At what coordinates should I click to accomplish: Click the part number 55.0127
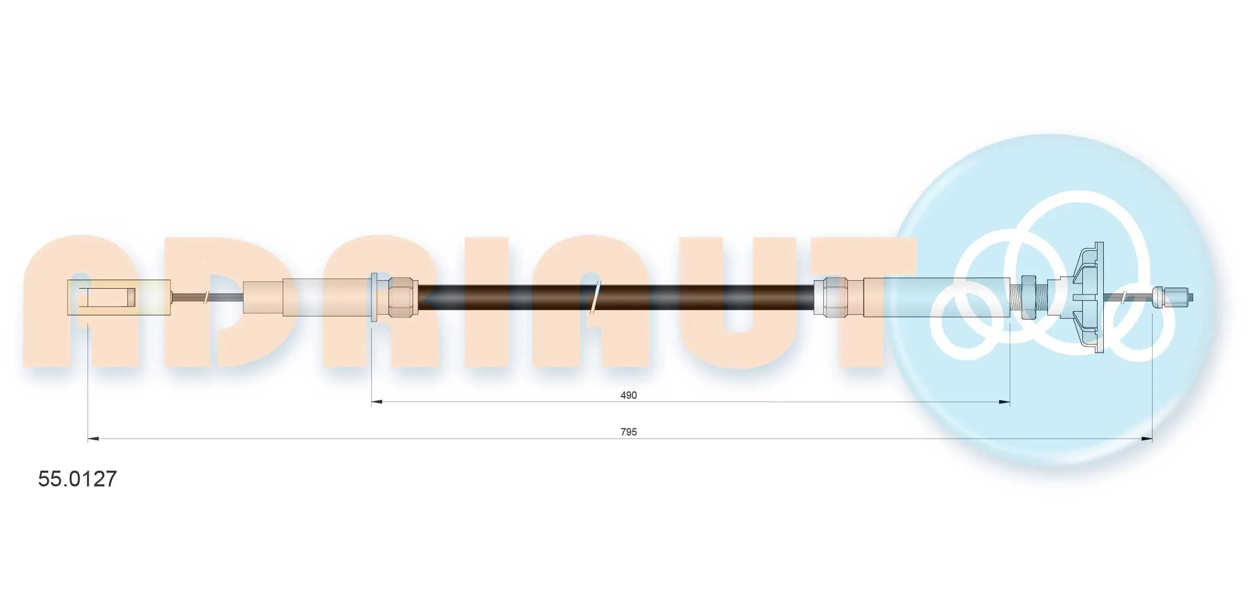[78, 479]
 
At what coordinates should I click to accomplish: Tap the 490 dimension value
[628, 395]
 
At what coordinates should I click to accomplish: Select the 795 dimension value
[628, 432]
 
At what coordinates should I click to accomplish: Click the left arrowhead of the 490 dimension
[377, 402]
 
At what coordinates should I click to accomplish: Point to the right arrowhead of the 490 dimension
[1004, 402]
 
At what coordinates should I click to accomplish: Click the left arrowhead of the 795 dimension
[93, 439]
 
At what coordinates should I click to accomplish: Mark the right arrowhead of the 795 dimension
[1146, 439]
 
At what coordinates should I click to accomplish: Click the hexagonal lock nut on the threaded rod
[1028, 297]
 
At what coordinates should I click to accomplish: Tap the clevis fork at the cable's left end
[119, 297]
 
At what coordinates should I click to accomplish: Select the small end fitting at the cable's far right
[1172, 297]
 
